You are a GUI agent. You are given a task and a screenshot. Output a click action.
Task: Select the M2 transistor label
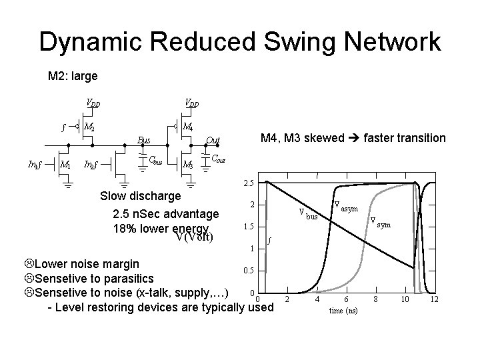tap(97, 127)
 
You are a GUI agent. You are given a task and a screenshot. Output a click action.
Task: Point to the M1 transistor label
tap(65, 164)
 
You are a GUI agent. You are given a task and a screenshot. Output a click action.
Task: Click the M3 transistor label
tap(189, 164)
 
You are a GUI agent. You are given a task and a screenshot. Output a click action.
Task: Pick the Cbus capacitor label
tap(155, 160)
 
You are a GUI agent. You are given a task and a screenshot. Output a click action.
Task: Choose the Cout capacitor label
tap(218, 159)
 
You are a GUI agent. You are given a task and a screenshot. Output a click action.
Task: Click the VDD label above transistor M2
tap(94, 103)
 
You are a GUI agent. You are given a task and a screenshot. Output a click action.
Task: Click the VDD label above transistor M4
tap(192, 103)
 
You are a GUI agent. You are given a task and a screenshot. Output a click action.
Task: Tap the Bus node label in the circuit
tap(143, 140)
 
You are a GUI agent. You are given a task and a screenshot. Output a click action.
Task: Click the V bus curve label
tap(310, 215)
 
